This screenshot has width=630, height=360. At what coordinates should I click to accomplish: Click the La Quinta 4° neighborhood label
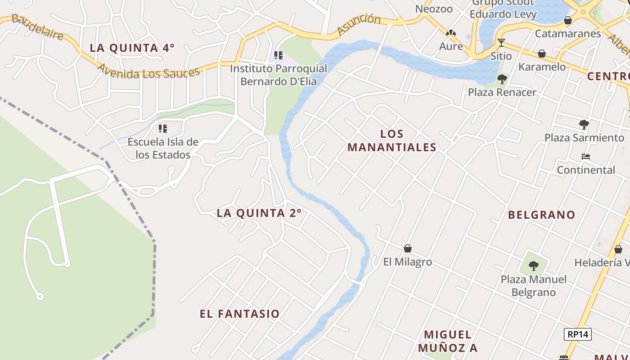coord(132,48)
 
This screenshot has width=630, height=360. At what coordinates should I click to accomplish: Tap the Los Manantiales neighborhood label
coord(392,140)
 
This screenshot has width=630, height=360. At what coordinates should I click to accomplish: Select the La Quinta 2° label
coord(259,213)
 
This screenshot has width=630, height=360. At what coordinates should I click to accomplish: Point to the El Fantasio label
coord(240,314)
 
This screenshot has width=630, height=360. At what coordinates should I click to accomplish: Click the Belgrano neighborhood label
coord(542,215)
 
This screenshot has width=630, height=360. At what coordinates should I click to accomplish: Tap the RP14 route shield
coord(578,334)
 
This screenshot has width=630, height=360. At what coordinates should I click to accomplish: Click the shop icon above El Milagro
coord(408,248)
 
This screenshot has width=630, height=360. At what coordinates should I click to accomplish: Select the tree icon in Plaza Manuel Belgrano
coord(534,265)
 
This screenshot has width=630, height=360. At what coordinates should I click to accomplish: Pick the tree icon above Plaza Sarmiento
coord(584,124)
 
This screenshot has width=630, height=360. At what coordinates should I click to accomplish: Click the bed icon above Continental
coord(586,157)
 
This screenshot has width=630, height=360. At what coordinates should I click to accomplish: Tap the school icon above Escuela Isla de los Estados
coord(163,129)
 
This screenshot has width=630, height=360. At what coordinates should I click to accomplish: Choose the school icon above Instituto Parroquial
coord(279,55)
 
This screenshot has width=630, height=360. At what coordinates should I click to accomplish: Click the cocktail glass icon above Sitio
coord(501,43)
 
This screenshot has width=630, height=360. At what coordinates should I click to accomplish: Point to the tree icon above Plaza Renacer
coord(502,79)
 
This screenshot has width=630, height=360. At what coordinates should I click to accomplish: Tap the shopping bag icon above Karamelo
coord(542,54)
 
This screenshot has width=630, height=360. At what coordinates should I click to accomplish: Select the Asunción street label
coord(359,24)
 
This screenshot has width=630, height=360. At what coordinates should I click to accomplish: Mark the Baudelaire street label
coord(37,27)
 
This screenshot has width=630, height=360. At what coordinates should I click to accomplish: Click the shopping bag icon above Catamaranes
coord(568,20)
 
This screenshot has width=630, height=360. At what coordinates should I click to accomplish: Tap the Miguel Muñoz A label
coord(448,341)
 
